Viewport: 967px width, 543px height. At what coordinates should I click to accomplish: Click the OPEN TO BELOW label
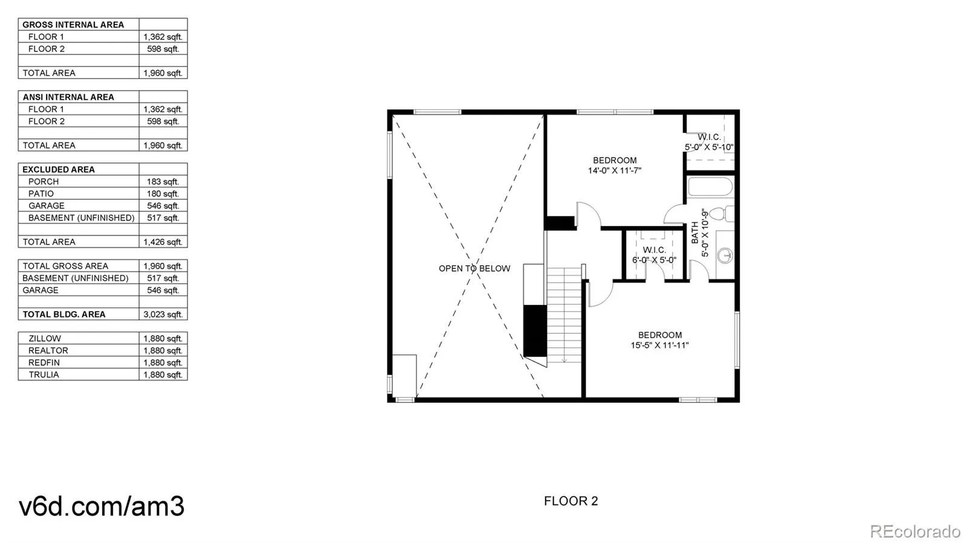click(x=474, y=268)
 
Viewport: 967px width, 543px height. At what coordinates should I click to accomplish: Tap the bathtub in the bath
click(x=710, y=187)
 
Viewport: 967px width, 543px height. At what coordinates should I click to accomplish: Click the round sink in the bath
click(x=725, y=255)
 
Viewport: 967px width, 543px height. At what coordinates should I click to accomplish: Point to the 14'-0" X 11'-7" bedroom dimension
click(x=615, y=170)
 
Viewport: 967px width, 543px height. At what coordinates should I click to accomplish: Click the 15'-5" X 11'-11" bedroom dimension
click(x=659, y=345)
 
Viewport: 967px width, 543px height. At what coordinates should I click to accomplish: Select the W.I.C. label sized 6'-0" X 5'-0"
click(x=654, y=255)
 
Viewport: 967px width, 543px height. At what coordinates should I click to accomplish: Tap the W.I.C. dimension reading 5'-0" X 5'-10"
click(x=709, y=147)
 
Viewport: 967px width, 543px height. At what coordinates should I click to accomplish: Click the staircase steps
click(x=564, y=314)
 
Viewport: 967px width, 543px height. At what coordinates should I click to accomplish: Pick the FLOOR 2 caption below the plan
click(x=571, y=501)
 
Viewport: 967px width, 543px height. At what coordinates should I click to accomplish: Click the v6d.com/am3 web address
click(x=102, y=506)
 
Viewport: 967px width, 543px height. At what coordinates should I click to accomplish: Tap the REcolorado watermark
click(x=914, y=532)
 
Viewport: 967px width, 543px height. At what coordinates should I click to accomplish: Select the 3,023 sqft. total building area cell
click(x=163, y=314)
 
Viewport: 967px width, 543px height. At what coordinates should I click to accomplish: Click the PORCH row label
click(x=44, y=181)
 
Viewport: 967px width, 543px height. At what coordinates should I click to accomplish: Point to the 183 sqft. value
click(x=163, y=181)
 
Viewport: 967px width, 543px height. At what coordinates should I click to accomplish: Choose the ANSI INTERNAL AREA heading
click(x=68, y=97)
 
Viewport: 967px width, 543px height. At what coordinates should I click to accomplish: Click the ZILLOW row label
click(x=45, y=338)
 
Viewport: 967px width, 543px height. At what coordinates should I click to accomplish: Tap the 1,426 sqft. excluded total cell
click(x=163, y=242)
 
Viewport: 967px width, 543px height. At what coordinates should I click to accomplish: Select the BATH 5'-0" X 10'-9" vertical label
click(x=699, y=233)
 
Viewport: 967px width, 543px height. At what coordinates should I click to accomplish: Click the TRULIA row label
click(x=44, y=374)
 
